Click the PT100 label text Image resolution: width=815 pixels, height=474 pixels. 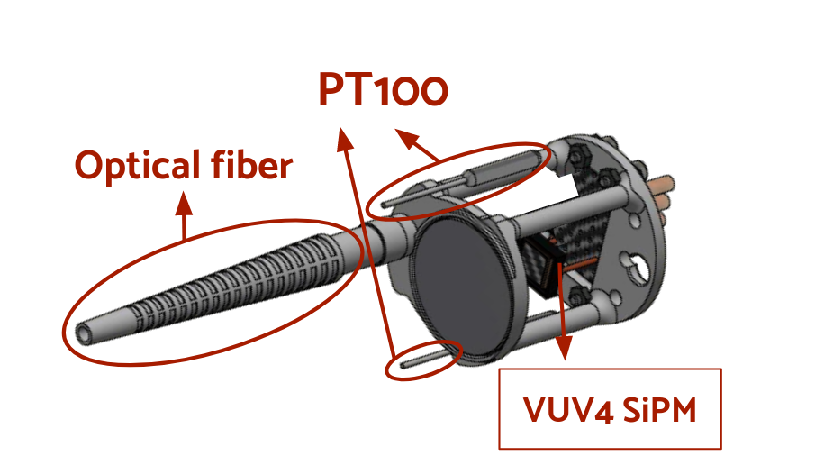point(382,90)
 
